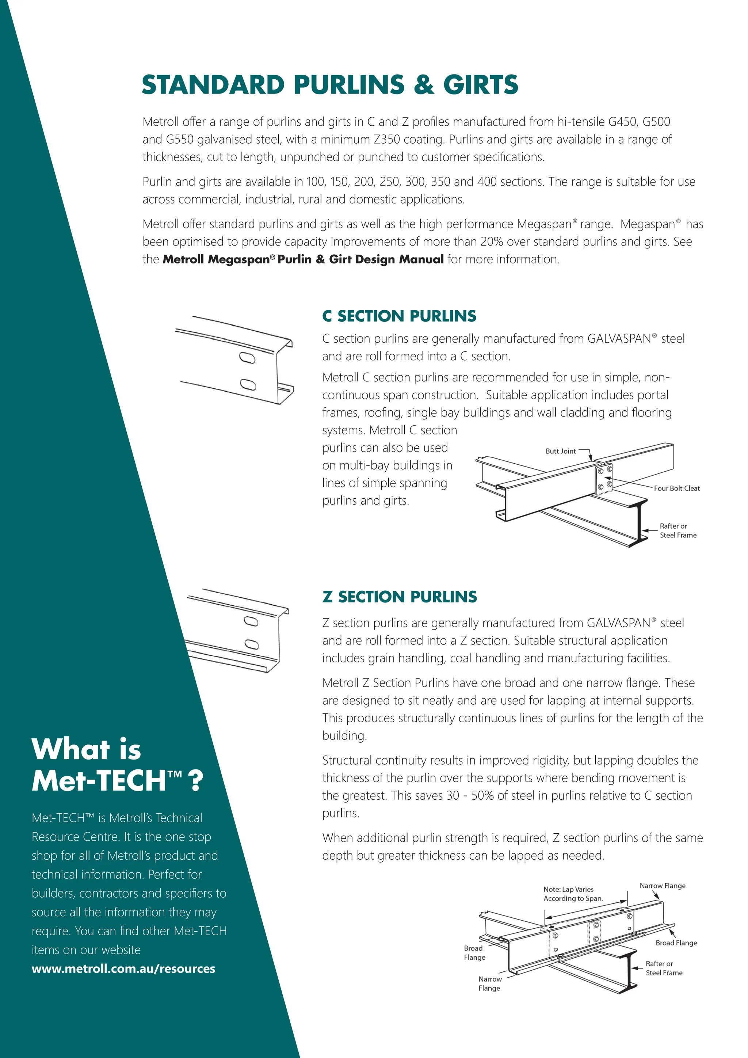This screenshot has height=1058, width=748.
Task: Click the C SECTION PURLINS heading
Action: [x=399, y=316]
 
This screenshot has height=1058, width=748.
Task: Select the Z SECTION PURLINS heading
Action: [x=399, y=597]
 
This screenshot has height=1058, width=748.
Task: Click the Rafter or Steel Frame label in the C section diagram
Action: [x=678, y=530]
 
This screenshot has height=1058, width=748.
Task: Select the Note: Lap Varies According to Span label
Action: [x=573, y=894]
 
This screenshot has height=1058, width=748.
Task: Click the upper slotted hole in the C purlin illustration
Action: [x=247, y=358]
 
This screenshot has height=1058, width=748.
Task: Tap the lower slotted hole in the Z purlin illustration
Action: [x=252, y=644]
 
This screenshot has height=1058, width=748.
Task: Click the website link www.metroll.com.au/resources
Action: [x=123, y=968]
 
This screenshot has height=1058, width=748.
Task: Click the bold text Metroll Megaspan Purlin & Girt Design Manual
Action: [x=303, y=259]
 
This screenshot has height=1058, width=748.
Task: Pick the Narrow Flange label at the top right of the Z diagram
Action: [x=662, y=886]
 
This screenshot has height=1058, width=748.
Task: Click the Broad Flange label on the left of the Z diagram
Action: [x=474, y=952]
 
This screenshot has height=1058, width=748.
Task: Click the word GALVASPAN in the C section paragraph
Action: [x=619, y=339]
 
